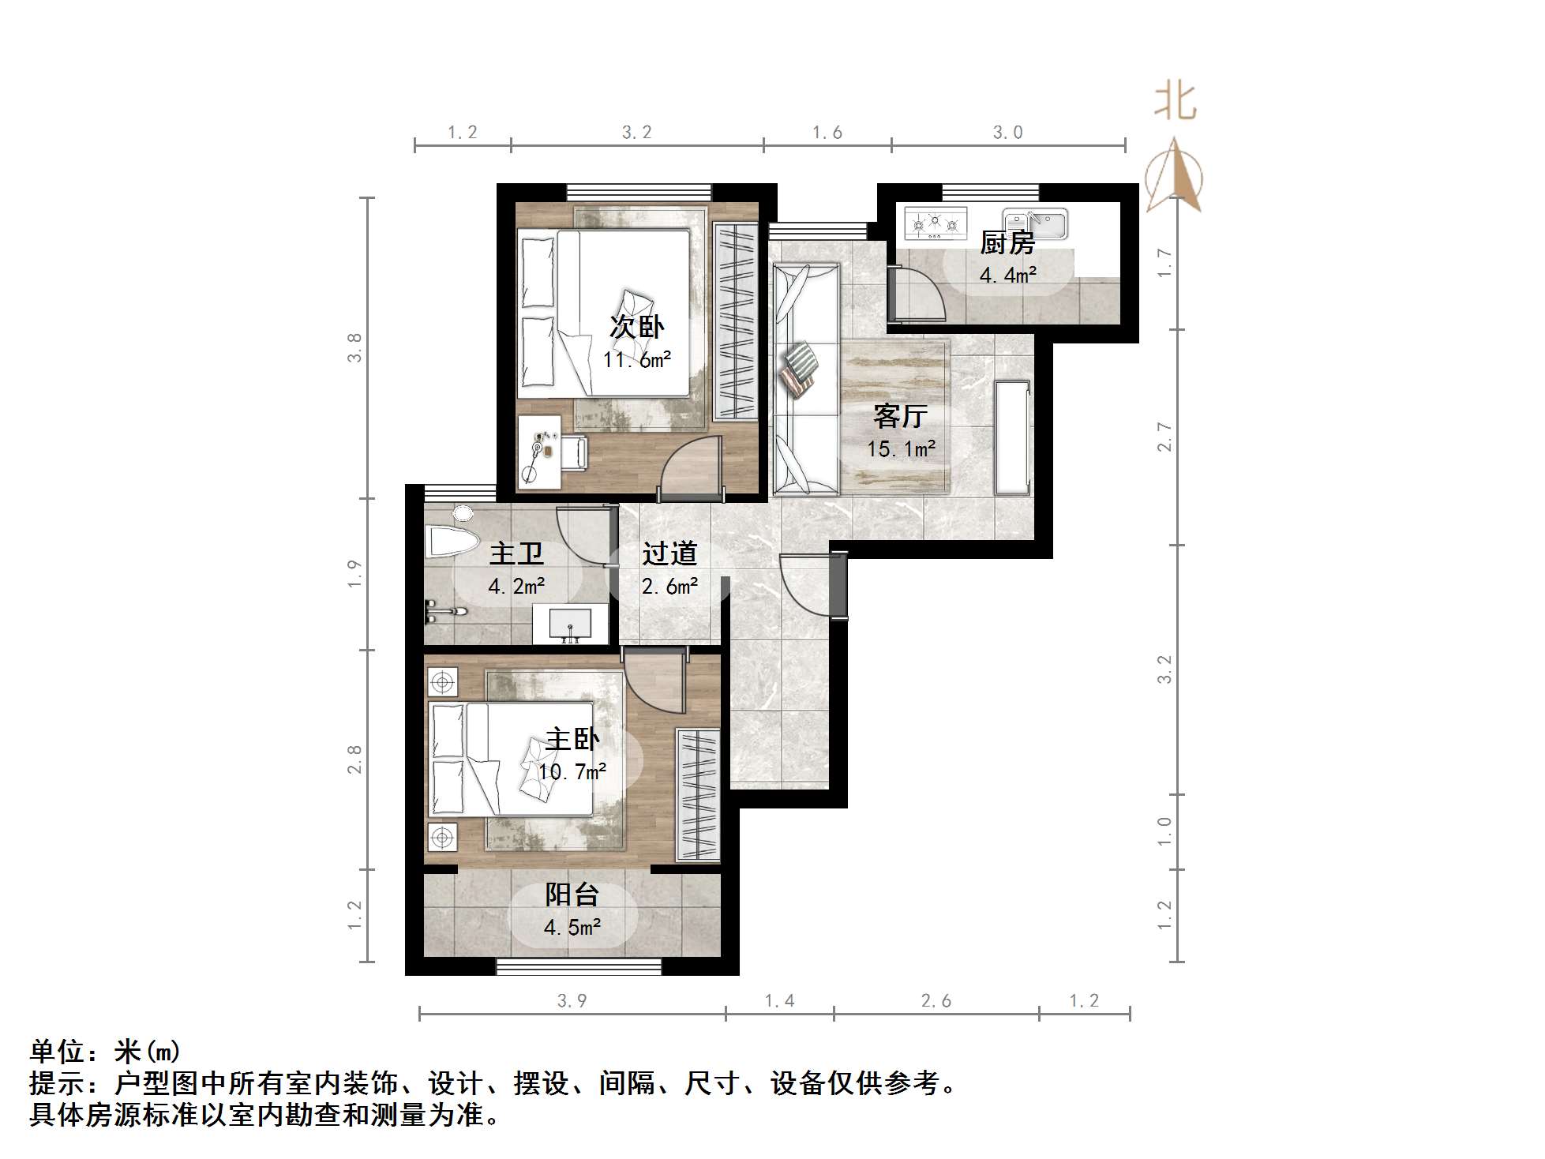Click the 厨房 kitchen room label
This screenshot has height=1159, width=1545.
(x=1007, y=243)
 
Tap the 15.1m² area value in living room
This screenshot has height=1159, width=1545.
(x=901, y=449)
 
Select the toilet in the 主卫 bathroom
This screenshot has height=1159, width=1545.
(x=452, y=541)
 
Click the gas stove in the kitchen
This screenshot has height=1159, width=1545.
(x=936, y=223)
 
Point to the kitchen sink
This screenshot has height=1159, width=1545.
(x=1035, y=223)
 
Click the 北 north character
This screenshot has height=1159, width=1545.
(x=1175, y=103)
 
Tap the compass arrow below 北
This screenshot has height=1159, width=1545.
(x=1174, y=177)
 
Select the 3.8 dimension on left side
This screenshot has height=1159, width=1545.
(x=354, y=347)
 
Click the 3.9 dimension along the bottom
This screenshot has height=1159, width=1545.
(x=572, y=1001)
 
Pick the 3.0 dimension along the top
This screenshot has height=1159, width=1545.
(x=1007, y=133)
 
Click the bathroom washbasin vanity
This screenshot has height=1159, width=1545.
(x=570, y=625)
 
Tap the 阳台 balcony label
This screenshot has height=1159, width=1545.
(x=572, y=895)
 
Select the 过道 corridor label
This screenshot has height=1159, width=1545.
(x=669, y=553)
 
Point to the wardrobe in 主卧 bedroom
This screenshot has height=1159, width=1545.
(x=698, y=794)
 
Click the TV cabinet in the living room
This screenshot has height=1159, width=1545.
(x=1013, y=438)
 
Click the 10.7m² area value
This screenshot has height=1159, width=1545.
(x=572, y=771)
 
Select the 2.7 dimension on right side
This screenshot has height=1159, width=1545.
(x=1164, y=437)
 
